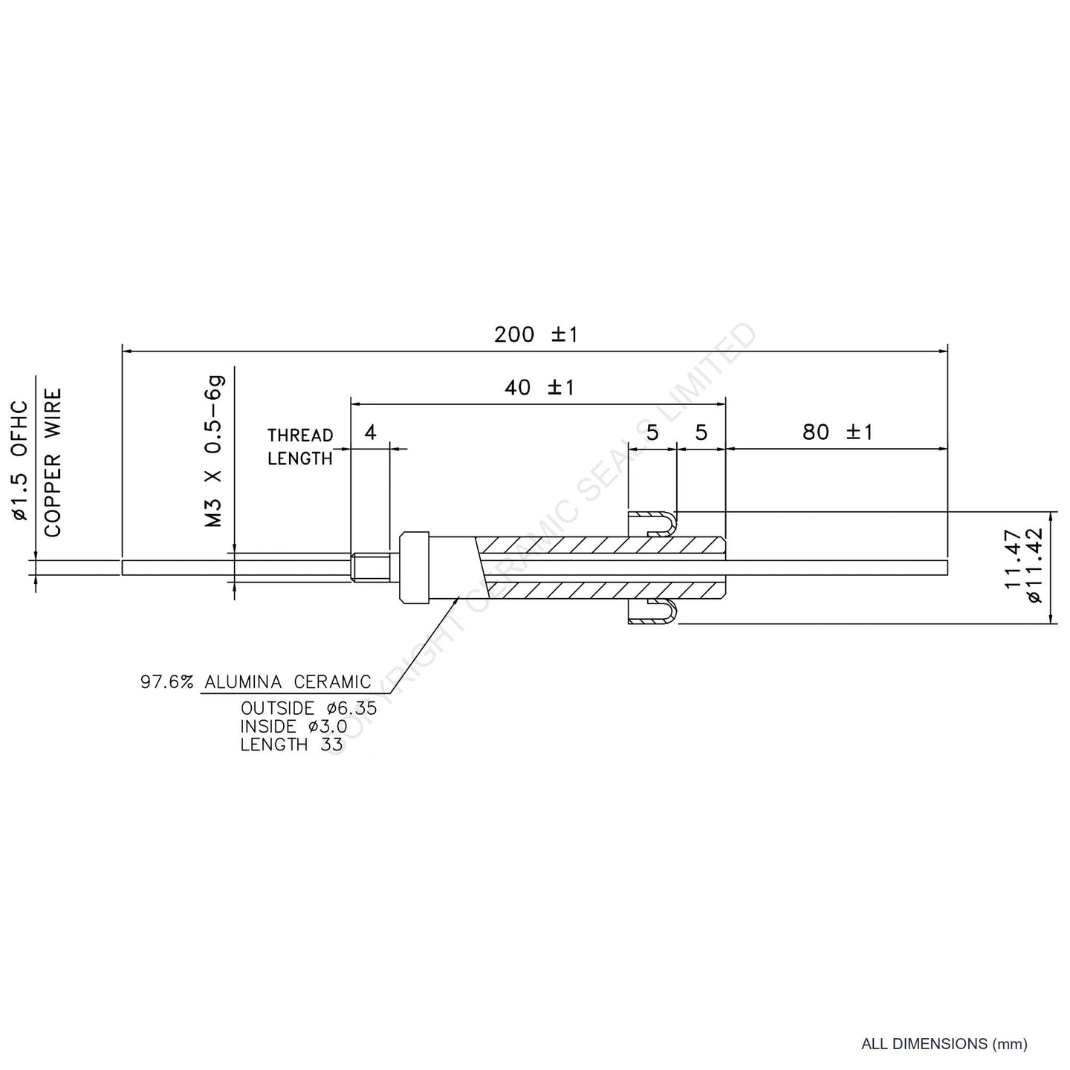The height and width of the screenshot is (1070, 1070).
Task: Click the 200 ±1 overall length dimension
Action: (x=536, y=335)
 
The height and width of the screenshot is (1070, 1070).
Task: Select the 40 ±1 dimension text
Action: (x=539, y=388)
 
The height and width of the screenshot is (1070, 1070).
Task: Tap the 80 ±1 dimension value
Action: (x=837, y=432)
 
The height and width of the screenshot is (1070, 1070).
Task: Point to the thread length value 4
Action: (x=371, y=432)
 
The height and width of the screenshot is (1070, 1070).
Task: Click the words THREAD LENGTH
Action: (x=300, y=447)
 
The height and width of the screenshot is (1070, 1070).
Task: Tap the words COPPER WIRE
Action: (x=53, y=462)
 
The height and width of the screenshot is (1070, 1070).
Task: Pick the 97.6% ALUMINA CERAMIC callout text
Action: (x=256, y=682)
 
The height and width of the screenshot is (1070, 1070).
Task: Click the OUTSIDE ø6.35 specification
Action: (x=308, y=708)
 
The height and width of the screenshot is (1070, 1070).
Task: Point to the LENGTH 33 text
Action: (x=285, y=745)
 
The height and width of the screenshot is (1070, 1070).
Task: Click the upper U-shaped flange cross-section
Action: (x=653, y=522)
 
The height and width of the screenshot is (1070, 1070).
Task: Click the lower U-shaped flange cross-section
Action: (x=653, y=612)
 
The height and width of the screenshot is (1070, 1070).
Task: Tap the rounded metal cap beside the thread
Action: (x=415, y=567)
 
